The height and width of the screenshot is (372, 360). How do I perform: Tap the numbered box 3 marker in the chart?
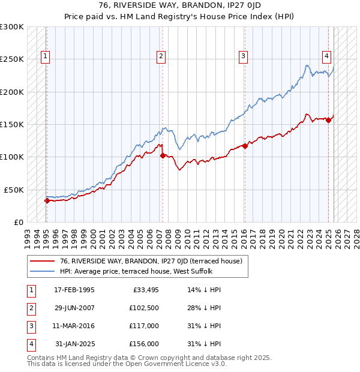(x=244, y=57)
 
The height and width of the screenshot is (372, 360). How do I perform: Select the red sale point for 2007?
(x=163, y=155)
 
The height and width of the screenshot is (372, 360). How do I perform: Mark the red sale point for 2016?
(x=245, y=146)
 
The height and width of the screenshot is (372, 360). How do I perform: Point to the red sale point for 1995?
(x=47, y=200)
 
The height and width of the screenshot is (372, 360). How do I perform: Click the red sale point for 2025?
(x=329, y=121)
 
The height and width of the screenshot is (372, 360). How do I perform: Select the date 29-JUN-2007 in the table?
(x=74, y=308)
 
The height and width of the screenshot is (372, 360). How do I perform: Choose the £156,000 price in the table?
(x=143, y=344)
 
